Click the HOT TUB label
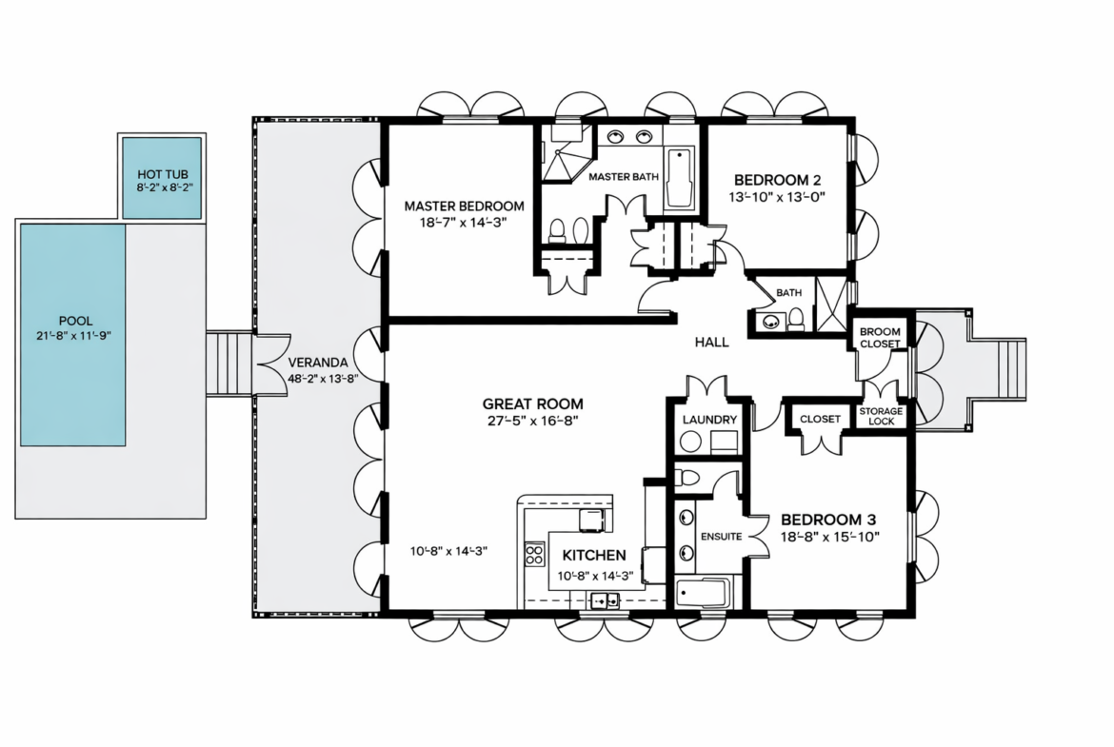pos(163,174)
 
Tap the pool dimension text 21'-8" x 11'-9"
pos(74,335)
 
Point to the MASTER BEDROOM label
pos(464,206)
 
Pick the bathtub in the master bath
pos(679,178)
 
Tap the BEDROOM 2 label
pos(777,181)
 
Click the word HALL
pos(712,343)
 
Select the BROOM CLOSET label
pos(881,337)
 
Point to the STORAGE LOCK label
pos(881,416)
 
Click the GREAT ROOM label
pos(533,404)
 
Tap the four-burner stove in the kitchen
pos(534,554)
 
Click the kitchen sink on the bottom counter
pos(606,600)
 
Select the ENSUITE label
pos(721,536)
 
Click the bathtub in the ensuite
pos(702,594)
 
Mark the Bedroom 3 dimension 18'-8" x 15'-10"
pos(830,537)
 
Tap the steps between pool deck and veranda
pos(229,364)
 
